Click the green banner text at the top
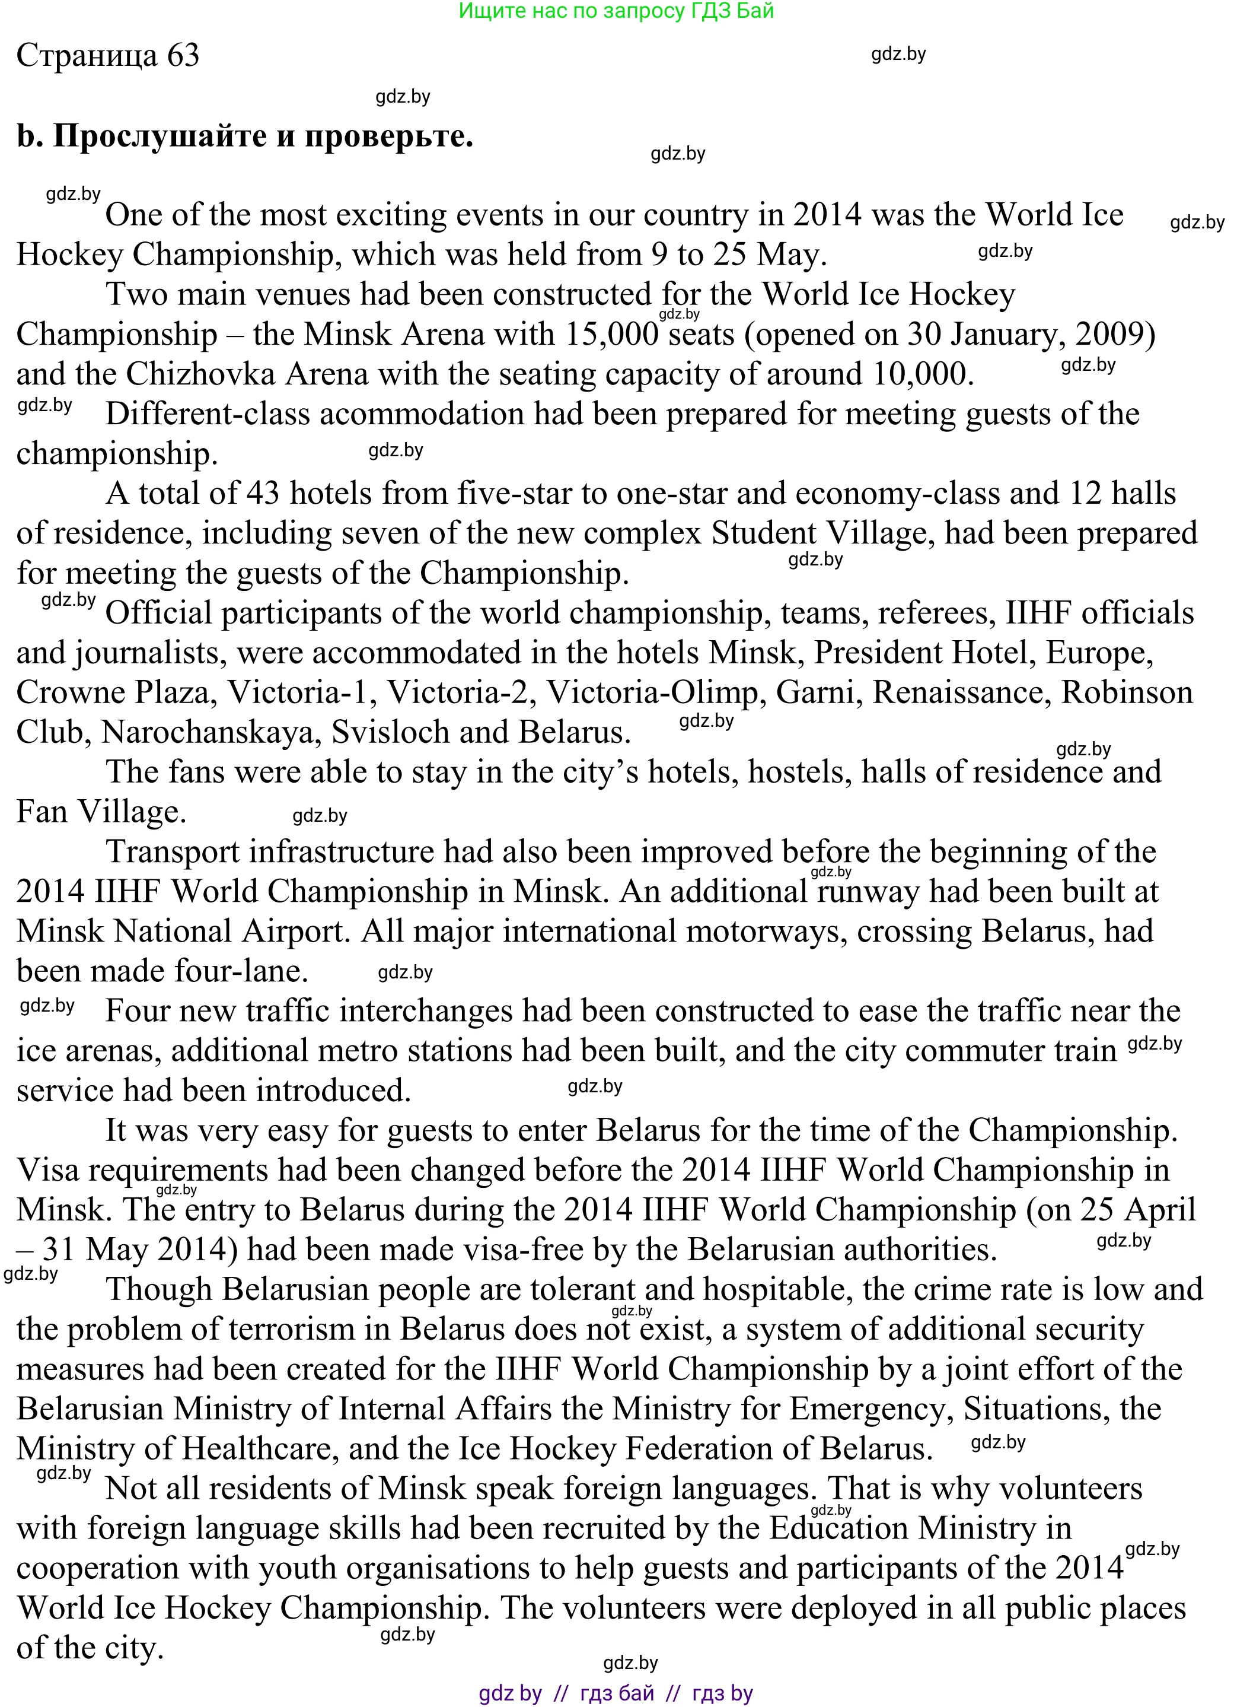616,11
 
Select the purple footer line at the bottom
616,1693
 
